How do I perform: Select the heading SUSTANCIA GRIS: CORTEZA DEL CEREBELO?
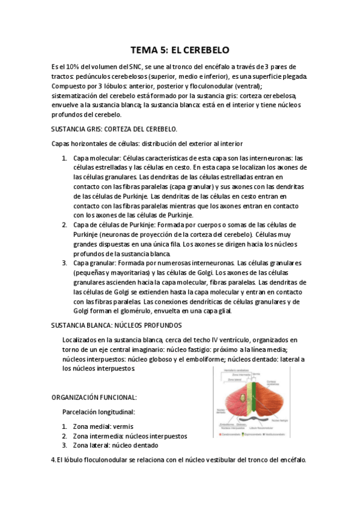[x=114, y=128]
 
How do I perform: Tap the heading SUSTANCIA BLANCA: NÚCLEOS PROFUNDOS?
[x=117, y=325]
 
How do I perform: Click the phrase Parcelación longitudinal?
[x=99, y=412]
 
